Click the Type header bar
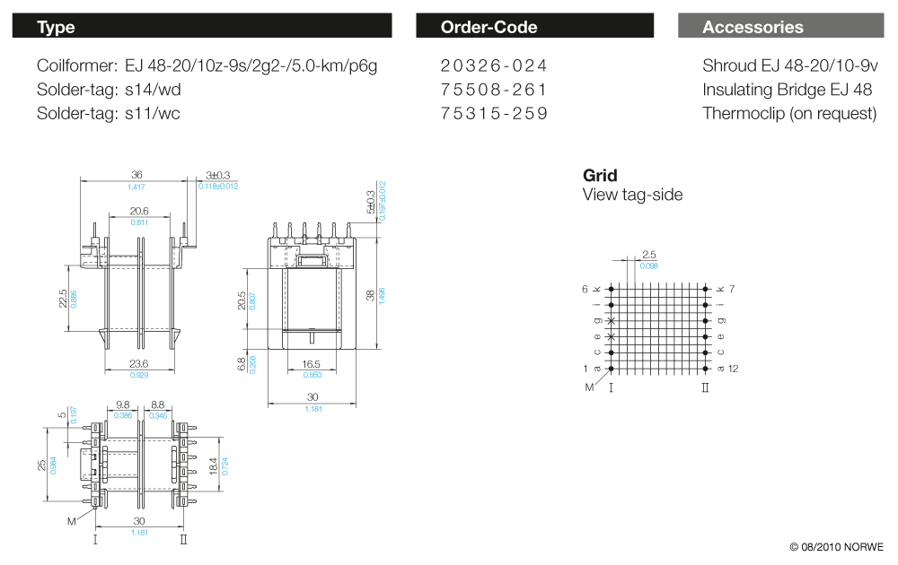201,27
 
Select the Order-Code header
534,27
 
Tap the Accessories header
779,27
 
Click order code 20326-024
494,65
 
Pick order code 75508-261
494,90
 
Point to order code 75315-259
494,114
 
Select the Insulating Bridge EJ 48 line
787,90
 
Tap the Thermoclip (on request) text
789,114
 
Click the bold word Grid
600,176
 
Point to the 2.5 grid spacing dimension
649,256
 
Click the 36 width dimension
136,176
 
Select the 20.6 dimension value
139,212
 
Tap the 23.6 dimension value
139,364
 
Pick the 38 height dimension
371,294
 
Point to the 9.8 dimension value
123,405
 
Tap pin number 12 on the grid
733,369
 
